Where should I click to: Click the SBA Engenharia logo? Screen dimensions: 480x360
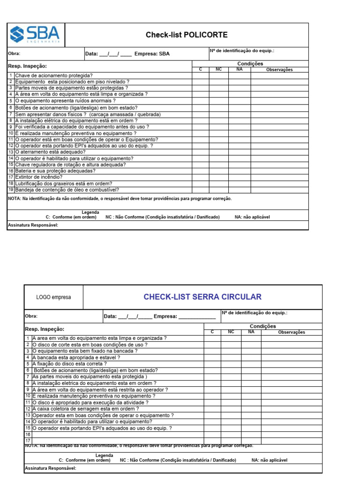[36, 35]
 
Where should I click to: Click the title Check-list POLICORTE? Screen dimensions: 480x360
[187, 35]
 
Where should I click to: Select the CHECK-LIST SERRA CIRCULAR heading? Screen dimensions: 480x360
[202, 297]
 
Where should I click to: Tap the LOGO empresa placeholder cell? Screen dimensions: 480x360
[54, 297]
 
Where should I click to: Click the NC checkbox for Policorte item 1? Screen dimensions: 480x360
[218, 75]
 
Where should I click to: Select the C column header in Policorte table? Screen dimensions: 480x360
[200, 69]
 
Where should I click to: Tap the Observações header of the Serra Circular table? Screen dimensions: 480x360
[292, 332]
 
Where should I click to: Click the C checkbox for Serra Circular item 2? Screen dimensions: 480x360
[212, 345]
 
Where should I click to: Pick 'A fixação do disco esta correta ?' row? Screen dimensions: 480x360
[69, 363]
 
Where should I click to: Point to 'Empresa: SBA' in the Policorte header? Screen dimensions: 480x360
[152, 53]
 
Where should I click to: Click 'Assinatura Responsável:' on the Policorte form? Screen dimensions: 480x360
[33, 225]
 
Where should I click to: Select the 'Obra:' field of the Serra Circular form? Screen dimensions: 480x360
[31, 316]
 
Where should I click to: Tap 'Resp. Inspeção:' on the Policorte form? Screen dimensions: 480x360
[28, 66]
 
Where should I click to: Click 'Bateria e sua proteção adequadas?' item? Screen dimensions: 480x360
[55, 171]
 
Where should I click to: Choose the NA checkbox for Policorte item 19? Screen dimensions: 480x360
[240, 190]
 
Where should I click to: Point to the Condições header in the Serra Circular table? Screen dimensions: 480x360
[262, 326]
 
